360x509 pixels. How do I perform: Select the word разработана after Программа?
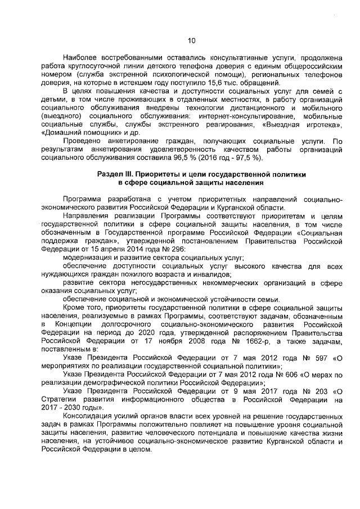126,200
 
